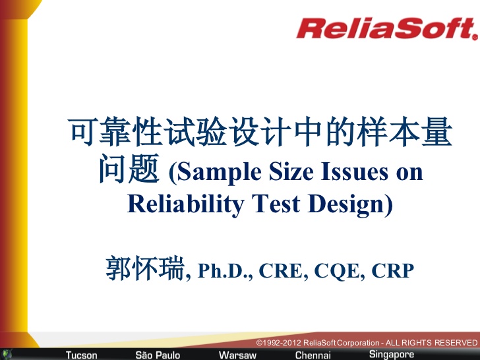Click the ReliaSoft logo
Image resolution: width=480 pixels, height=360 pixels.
tap(387, 28)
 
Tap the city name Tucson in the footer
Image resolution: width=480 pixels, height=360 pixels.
tap(82, 355)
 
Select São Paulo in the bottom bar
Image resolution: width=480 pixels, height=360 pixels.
tap(158, 355)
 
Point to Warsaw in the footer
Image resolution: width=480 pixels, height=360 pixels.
tap(237, 355)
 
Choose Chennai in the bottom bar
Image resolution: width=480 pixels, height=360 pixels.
tap(313, 355)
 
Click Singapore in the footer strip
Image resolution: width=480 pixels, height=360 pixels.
tap(392, 354)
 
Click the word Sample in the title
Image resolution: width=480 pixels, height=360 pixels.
tap(219, 172)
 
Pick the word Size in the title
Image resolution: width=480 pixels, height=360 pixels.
tap(291, 171)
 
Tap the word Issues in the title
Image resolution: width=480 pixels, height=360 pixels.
tap(355, 171)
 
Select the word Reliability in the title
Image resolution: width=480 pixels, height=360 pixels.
tap(185, 204)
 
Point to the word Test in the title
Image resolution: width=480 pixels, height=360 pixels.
tap(276, 204)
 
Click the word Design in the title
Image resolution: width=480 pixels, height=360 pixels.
tap(346, 204)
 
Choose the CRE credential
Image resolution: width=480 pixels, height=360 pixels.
tap(282, 270)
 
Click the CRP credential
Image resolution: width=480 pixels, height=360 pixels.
tap(392, 270)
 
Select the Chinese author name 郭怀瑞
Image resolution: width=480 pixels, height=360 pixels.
tap(145, 268)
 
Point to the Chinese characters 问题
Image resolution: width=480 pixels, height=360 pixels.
tap(129, 168)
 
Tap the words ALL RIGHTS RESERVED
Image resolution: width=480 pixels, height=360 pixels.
tap(431, 343)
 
